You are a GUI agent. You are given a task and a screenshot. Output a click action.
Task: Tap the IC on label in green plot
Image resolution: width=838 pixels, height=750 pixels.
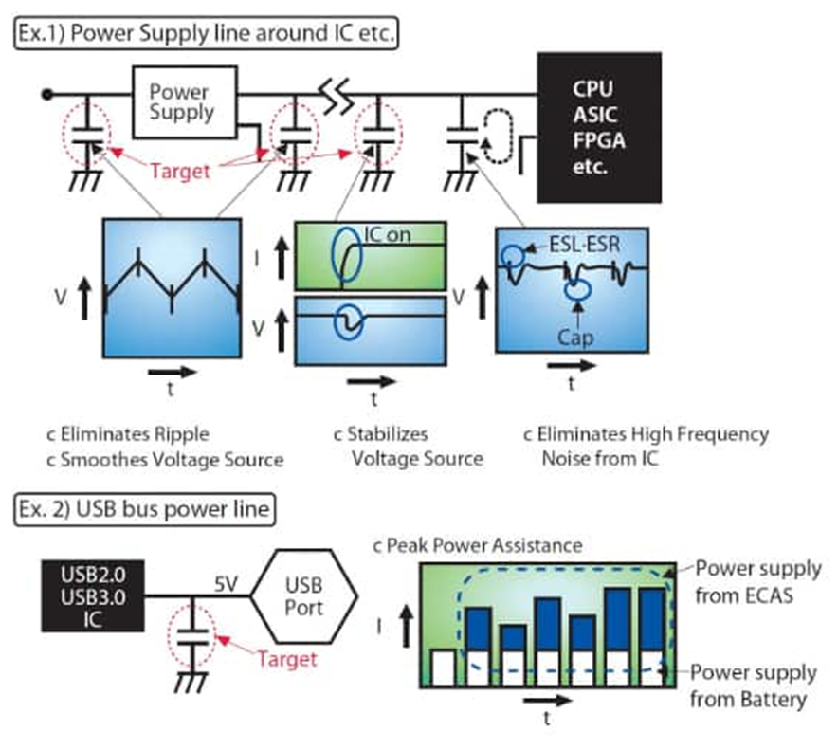coord(388,233)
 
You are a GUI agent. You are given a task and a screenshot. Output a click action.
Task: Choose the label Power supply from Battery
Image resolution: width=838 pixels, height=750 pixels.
coord(753,686)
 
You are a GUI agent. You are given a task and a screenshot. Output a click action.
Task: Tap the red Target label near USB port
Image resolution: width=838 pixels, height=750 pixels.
coord(286,658)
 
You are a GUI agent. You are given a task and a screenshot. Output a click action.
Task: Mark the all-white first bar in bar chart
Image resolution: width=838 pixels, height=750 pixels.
coord(443,667)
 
